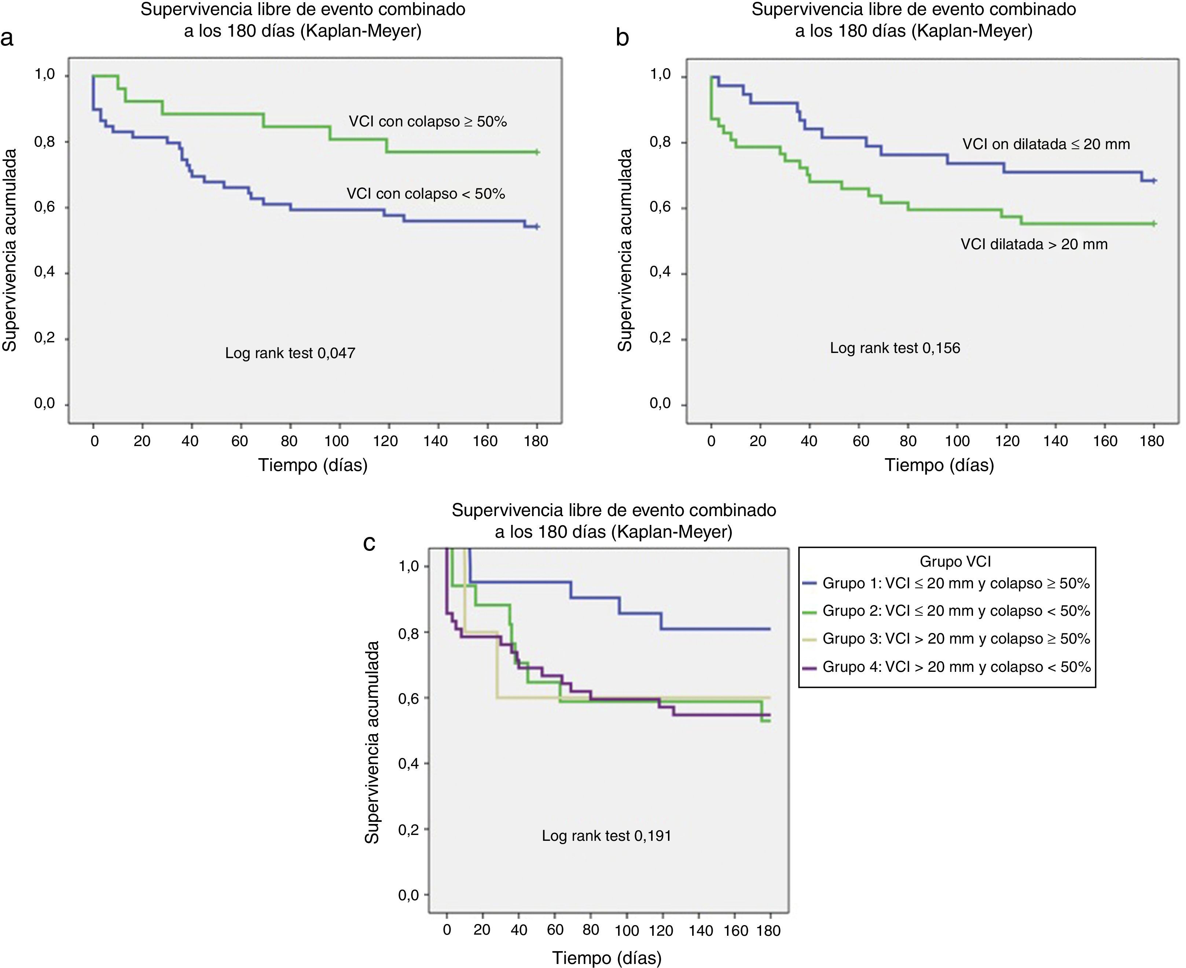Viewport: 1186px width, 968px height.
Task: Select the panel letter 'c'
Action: pos(369,542)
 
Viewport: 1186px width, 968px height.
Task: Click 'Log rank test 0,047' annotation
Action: pos(290,353)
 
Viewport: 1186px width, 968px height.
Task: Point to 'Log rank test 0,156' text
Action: pos(895,348)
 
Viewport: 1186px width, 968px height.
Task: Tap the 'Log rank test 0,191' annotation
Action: pos(607,835)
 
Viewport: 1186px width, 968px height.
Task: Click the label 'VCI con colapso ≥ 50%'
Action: pos(428,122)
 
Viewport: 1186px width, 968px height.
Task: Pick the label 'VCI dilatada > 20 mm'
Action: pos(1034,244)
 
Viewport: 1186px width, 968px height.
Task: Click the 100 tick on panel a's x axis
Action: pos(336,441)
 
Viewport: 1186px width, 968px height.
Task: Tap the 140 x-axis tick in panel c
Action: pos(700,930)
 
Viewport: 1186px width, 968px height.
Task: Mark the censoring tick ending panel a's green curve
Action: pos(536,152)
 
